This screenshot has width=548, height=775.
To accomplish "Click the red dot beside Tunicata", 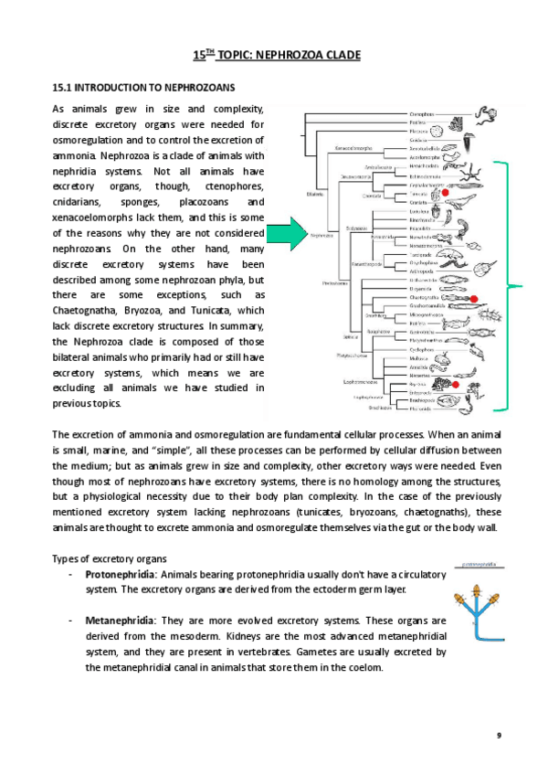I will coord(447,194).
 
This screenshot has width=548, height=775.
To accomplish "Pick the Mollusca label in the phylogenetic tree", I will coord(419,360).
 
